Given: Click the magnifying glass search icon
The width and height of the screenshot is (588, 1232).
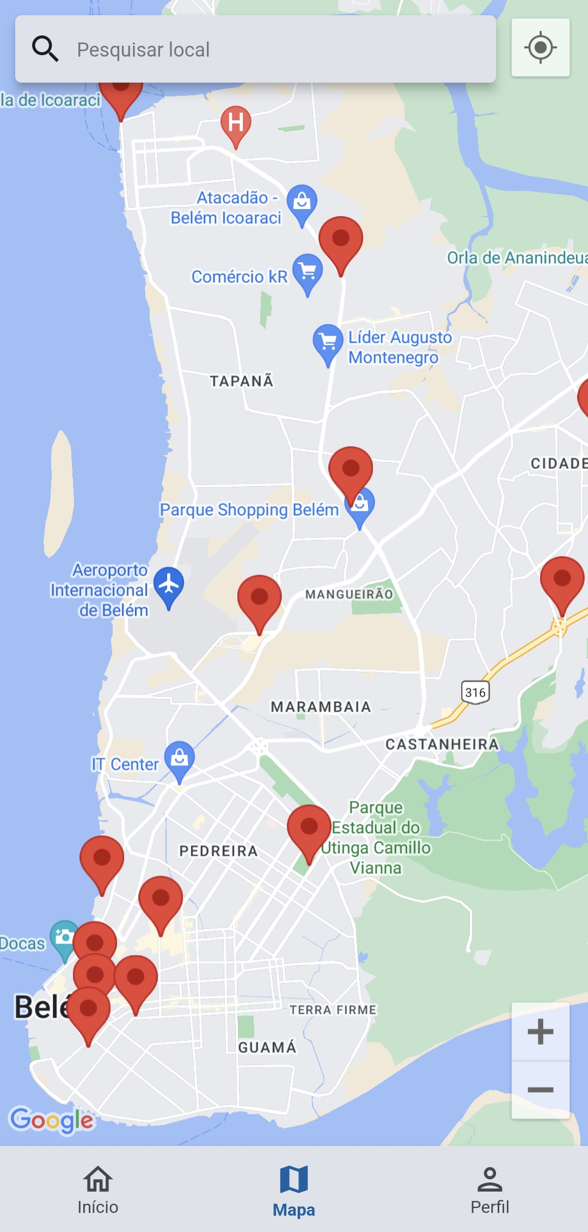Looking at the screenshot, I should (45, 49).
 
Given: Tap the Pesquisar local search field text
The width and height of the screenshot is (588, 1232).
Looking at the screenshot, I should (143, 50).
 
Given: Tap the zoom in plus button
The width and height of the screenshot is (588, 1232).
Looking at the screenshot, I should (540, 1032).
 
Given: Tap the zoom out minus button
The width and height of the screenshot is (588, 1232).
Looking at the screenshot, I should (540, 1089).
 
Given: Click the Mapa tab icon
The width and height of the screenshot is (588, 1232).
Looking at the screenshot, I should (294, 1179).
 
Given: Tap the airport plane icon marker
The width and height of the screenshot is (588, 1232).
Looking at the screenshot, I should (169, 584).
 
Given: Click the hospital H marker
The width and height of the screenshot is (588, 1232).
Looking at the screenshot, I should (236, 123).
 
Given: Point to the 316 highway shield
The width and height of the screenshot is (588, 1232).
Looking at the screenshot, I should (475, 692).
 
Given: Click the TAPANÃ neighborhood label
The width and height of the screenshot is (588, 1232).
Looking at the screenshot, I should (242, 381).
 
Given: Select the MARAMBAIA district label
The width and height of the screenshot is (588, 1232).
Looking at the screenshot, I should (321, 707).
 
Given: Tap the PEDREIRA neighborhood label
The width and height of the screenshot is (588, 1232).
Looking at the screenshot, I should (218, 851).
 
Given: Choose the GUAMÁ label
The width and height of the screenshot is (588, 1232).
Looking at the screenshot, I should (267, 1047).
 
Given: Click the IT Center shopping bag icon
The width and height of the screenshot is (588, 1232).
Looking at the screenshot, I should (179, 758).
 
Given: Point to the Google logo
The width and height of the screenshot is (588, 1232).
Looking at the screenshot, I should (52, 1120).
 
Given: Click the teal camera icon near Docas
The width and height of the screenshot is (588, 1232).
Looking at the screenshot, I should (64, 937).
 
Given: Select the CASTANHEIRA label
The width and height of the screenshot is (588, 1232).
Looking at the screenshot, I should (442, 744).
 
